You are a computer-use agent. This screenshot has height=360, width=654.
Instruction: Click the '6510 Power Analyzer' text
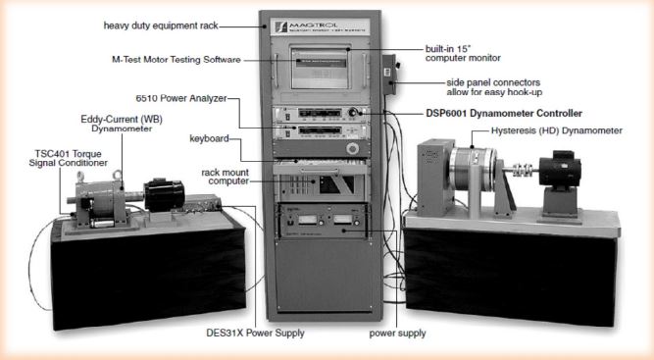pos(193,97)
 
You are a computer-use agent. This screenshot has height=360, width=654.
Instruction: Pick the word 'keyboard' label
pos(212,138)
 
